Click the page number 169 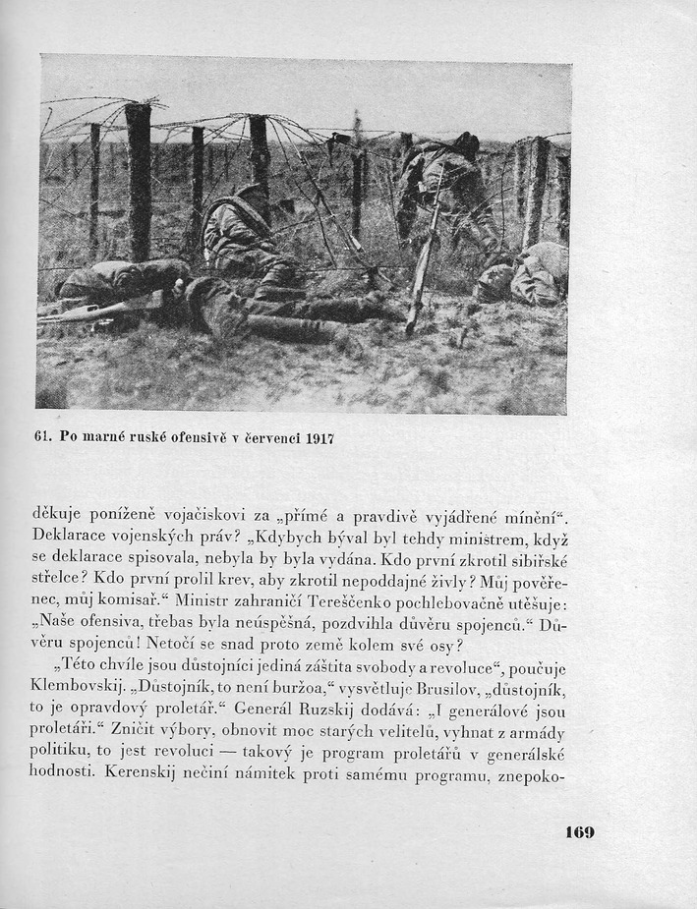pos(579,832)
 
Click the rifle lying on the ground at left pos(93,311)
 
